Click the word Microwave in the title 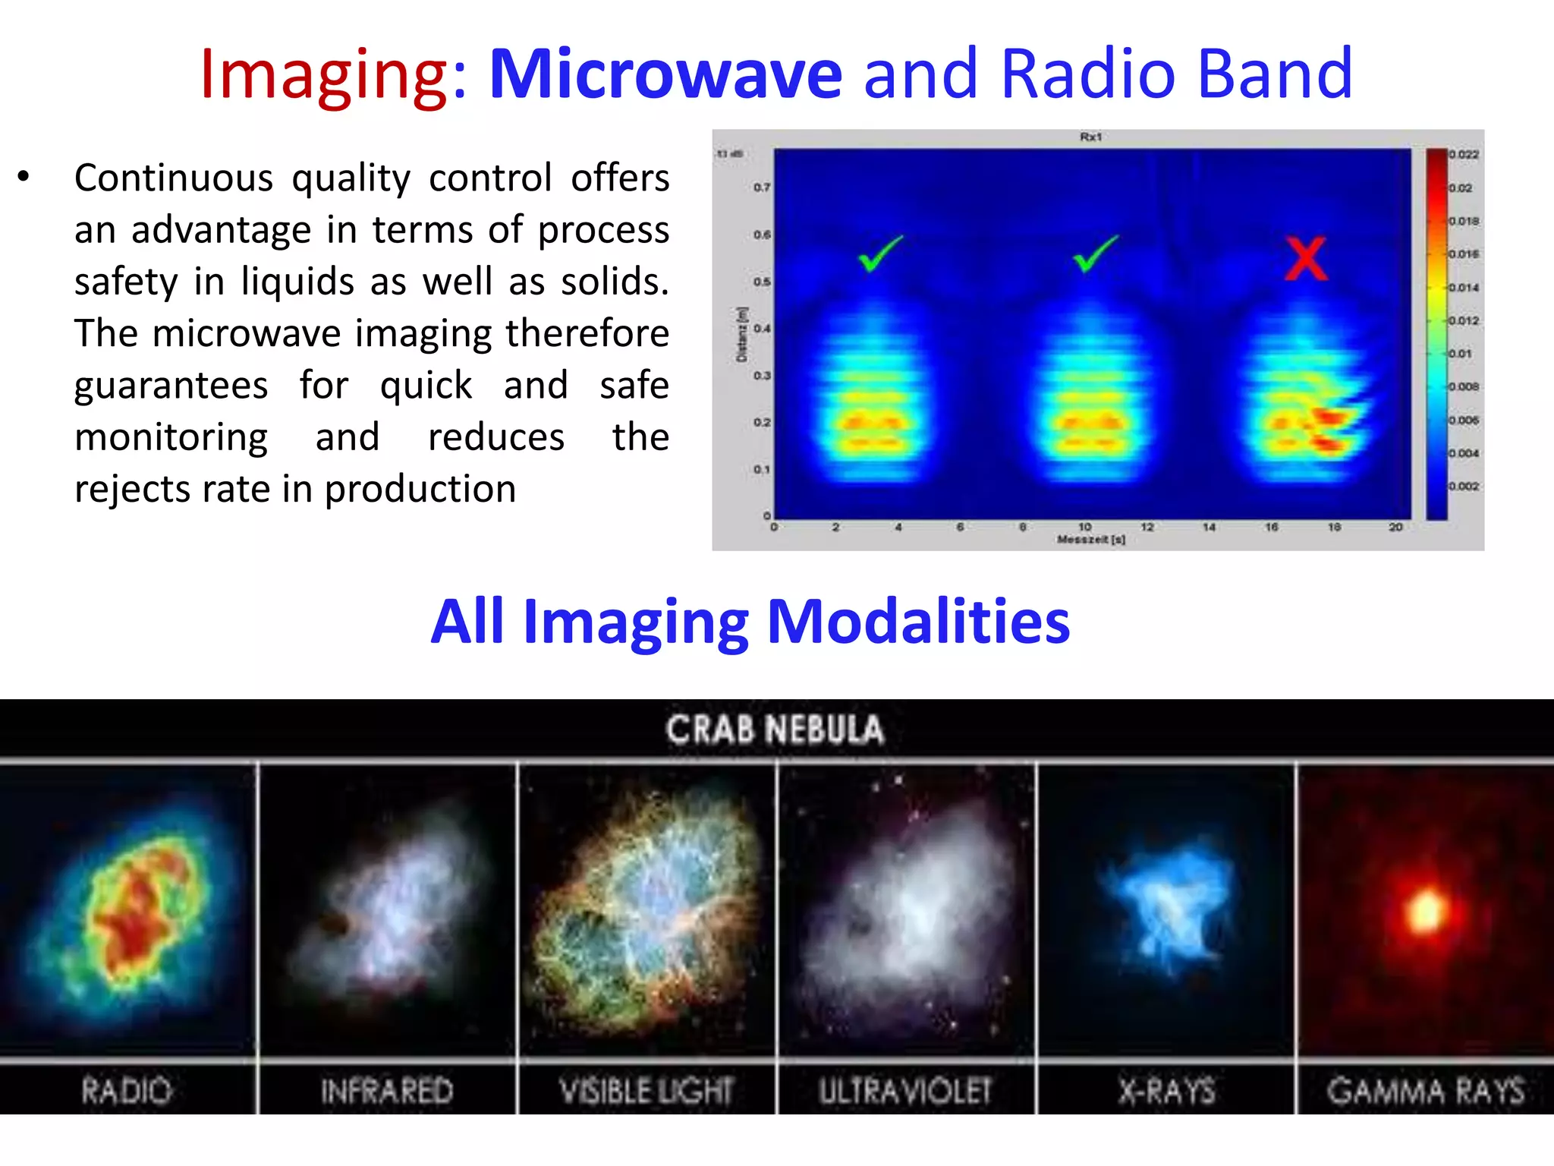pyautogui.click(x=665, y=74)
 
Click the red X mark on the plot pyautogui.click(x=1306, y=259)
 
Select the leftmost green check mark pyautogui.click(x=880, y=254)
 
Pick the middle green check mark pyautogui.click(x=1095, y=254)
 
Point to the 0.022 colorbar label pyautogui.click(x=1464, y=154)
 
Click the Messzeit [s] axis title pyautogui.click(x=1090, y=540)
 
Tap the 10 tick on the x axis pyautogui.click(x=1085, y=526)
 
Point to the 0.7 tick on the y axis pyautogui.click(x=762, y=187)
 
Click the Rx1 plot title pyautogui.click(x=1090, y=137)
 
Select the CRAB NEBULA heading pyautogui.click(x=775, y=730)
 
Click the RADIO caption pyautogui.click(x=127, y=1091)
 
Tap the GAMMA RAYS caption pyautogui.click(x=1425, y=1091)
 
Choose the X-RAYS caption pyautogui.click(x=1166, y=1091)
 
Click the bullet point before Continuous pyautogui.click(x=24, y=177)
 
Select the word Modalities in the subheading pyautogui.click(x=918, y=621)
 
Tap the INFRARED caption pyautogui.click(x=386, y=1091)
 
